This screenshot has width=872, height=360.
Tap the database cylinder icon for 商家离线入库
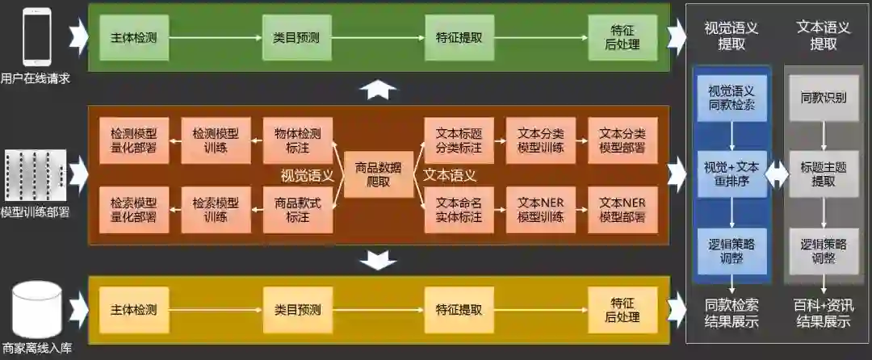pyautogui.click(x=36, y=311)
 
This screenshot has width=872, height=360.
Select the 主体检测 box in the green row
pyautogui.click(x=133, y=37)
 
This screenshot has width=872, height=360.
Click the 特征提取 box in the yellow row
pyautogui.click(x=459, y=310)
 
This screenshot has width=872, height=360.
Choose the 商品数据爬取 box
pyautogui.click(x=378, y=174)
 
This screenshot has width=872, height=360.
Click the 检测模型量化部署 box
pyautogui.click(x=133, y=140)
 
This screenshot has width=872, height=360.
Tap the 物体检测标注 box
pyautogui.click(x=297, y=140)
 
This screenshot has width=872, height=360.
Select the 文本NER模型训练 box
pyautogui.click(x=540, y=209)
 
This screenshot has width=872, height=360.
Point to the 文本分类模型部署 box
pyautogui.click(x=623, y=140)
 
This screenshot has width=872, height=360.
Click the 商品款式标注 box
pyautogui.click(x=297, y=209)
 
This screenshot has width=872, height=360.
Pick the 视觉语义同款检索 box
pyautogui.click(x=732, y=98)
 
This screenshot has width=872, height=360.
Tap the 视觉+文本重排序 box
pyautogui.click(x=732, y=174)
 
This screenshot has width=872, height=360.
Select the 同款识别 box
pyautogui.click(x=824, y=98)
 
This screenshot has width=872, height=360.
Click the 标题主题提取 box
pyautogui.click(x=824, y=174)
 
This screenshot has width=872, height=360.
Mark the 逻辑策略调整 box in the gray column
pyautogui.click(x=824, y=250)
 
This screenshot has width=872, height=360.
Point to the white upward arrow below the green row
pyautogui.click(x=378, y=90)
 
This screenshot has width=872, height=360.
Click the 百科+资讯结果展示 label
pyautogui.click(x=824, y=313)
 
